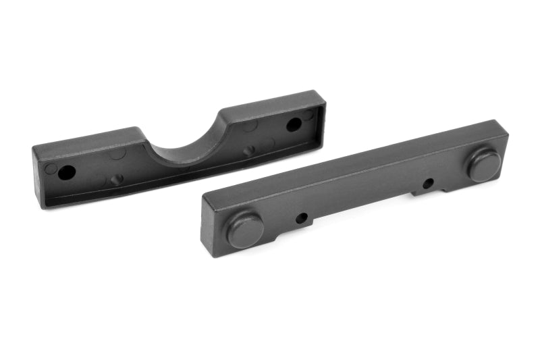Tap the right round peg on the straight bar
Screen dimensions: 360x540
485,165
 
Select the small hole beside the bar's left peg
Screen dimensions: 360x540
302,217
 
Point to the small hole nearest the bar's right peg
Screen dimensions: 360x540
428,183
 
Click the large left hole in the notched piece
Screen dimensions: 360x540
66,172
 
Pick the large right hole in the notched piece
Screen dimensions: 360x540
294,124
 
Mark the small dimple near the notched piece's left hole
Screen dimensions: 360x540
117,180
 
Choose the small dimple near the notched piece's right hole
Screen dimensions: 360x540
249,151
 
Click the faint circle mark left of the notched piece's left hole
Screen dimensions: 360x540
51,168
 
